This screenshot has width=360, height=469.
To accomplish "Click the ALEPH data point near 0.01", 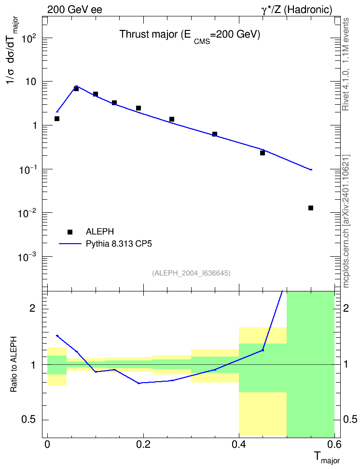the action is coord(311,208).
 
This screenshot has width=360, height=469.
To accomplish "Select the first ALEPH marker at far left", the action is coord(57,119).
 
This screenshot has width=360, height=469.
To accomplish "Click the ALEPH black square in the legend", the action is coord(70,232).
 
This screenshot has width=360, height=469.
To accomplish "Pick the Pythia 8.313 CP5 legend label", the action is coord(119,244).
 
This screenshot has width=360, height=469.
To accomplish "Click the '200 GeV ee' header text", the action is coord(74,10).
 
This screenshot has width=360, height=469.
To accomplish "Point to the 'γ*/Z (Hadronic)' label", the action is coord(297,10).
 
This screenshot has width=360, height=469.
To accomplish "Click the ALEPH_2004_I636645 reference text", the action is coord(191,273).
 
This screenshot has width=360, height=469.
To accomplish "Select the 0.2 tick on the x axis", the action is coord(143,444).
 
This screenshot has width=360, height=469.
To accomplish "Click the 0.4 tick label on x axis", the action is coord(239,444).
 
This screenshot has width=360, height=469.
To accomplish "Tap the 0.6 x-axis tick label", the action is coord(334,444).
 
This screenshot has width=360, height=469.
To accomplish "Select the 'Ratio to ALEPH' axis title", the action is coord(14,364).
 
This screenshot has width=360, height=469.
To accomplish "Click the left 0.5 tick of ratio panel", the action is coord(29,420).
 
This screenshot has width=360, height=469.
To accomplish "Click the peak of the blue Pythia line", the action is coord(76,86).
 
